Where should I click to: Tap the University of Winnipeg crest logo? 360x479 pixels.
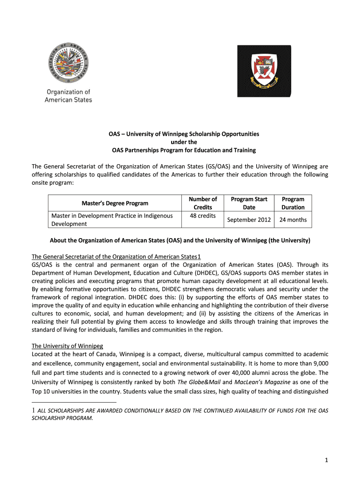pos(264,69)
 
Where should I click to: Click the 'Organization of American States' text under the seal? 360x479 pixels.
pos(68,96)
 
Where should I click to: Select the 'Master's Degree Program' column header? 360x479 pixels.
pos(115,203)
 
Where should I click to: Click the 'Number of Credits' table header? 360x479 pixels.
pos(202,203)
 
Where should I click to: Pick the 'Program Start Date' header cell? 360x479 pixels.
pos(249,203)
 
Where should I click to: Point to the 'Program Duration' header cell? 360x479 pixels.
pos(293,203)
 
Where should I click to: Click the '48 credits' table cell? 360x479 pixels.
pos(202,216)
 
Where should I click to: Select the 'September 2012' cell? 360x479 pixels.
pos(249,219)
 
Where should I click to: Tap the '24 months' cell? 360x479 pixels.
pos(293,219)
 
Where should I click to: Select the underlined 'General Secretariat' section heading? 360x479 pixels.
pos(115,256)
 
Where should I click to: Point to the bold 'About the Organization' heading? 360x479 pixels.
pos(180,241)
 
